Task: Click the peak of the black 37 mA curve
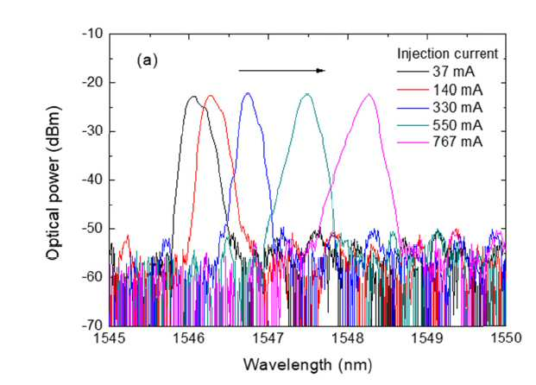[193, 97]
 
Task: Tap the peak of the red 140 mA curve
[211, 96]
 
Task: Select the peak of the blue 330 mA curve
[248, 93]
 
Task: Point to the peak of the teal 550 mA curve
[307, 94]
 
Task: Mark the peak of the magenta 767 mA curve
[369, 94]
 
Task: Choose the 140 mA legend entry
[440, 90]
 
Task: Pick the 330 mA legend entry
[440, 108]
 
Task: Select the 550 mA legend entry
[440, 125]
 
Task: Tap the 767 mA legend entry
[440, 142]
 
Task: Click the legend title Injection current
[447, 54]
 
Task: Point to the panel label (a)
[147, 60]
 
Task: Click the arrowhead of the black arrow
[320, 71]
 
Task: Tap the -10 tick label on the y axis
[92, 34]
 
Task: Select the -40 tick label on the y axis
[92, 180]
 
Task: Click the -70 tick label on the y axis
[92, 325]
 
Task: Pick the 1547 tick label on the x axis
[268, 338]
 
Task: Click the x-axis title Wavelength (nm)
[307, 365]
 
